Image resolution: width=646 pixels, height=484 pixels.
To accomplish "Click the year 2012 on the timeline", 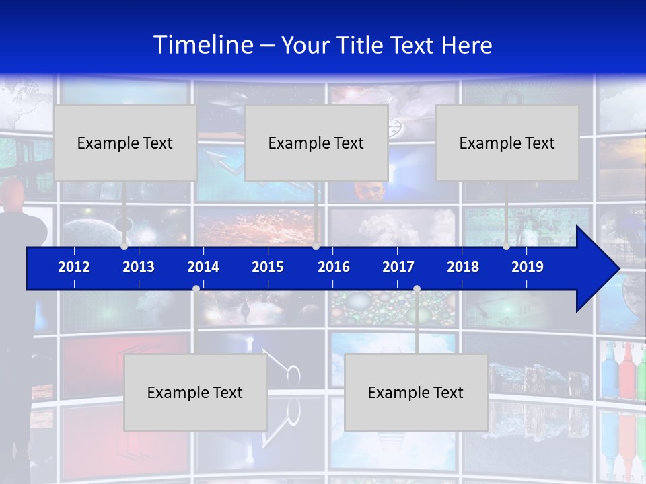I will coord(74,267).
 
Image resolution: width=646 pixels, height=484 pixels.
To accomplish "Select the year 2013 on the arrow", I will coord(139,267).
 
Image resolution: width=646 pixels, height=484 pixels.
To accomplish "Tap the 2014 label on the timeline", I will coord(203,267).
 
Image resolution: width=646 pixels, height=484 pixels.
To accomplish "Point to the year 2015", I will coord(268,267).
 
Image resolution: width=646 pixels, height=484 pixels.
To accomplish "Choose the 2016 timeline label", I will coord(334,267).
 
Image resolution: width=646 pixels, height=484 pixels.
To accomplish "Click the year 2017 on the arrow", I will coord(398,267).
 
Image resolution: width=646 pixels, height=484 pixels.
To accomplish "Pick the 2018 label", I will coord(463,267).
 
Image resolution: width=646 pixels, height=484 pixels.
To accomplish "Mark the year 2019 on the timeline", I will coord(528,267).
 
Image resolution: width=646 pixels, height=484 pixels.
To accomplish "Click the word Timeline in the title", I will coord(203,45).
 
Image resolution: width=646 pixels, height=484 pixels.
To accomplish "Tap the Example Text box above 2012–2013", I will coord(125,143).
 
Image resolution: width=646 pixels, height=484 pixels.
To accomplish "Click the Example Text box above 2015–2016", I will coord(316,143).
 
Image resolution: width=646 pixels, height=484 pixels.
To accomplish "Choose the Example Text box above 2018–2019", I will coord(507,143).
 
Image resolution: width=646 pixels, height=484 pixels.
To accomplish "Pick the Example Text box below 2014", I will coord(195,392).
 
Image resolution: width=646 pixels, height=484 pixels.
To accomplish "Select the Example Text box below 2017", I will coord(416,392).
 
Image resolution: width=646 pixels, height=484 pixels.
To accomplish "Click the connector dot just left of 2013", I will coord(124,247).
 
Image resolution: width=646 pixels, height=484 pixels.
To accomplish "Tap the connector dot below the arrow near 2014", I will coord(196,289).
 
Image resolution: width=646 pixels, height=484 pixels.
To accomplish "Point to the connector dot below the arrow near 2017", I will coord(417,289).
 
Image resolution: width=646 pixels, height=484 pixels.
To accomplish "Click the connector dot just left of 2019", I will coord(506,247).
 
